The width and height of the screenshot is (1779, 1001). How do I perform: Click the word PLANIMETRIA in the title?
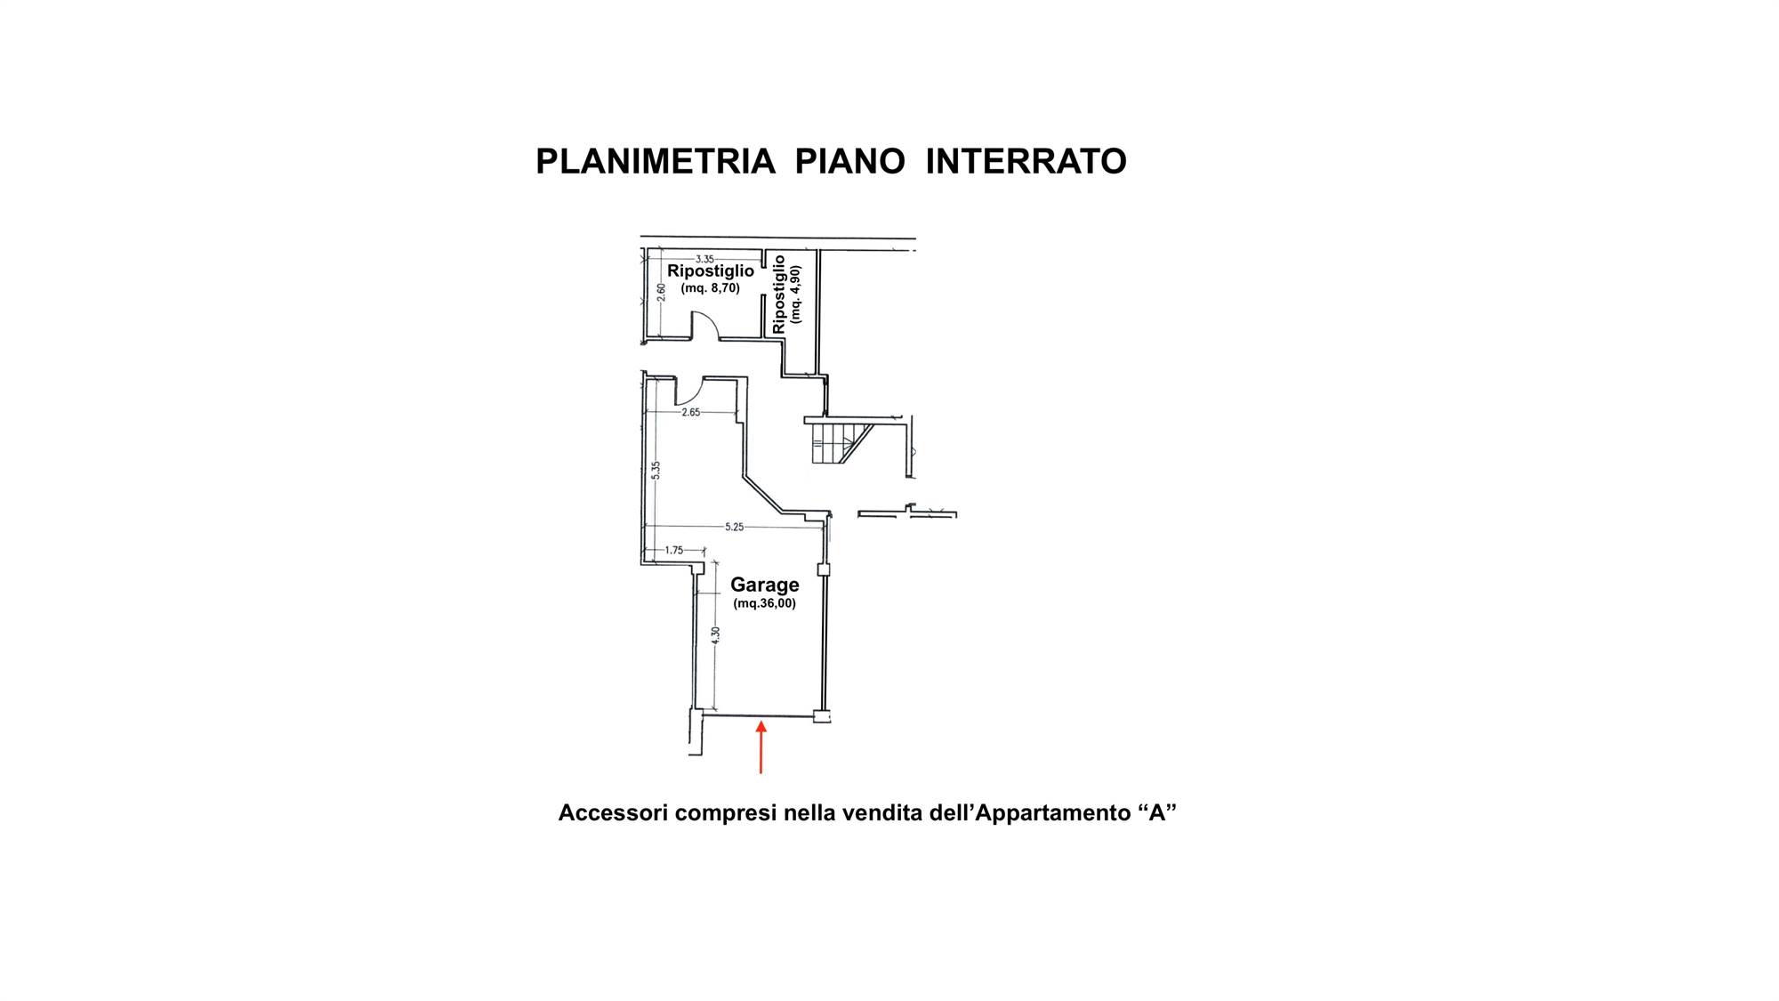[x=656, y=162]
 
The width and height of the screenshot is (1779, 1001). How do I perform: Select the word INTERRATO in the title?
[x=1026, y=162]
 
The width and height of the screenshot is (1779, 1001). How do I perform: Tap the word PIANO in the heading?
[x=850, y=162]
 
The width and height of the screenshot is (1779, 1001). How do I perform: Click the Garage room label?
[x=765, y=585]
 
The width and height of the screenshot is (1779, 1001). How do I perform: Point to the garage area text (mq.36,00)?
[x=765, y=603]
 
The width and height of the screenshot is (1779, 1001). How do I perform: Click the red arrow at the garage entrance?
[x=761, y=747]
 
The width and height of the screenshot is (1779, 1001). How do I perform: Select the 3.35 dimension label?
[x=704, y=259]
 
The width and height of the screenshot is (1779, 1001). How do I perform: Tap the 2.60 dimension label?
[x=661, y=292]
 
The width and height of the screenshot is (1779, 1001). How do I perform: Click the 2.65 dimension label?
[x=691, y=412]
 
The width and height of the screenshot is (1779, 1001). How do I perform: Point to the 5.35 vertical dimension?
[x=656, y=470]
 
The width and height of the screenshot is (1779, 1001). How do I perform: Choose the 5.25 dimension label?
[x=734, y=527]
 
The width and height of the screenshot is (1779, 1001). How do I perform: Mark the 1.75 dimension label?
[x=674, y=550]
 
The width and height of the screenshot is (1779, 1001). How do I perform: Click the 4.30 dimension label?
[x=715, y=635]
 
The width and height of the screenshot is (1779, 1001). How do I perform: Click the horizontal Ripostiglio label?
[x=711, y=270]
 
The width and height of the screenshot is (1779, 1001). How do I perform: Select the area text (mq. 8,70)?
[x=711, y=288]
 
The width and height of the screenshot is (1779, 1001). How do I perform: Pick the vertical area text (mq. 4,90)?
[x=795, y=295]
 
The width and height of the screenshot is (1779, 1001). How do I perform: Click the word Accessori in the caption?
[x=613, y=812]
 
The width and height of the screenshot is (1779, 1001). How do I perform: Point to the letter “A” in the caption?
[x=1157, y=812]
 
